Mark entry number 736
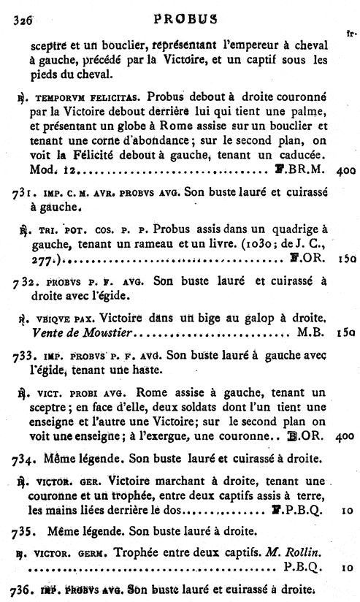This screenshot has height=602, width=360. (x=20, y=590)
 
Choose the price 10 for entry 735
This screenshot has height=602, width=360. (x=346, y=566)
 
